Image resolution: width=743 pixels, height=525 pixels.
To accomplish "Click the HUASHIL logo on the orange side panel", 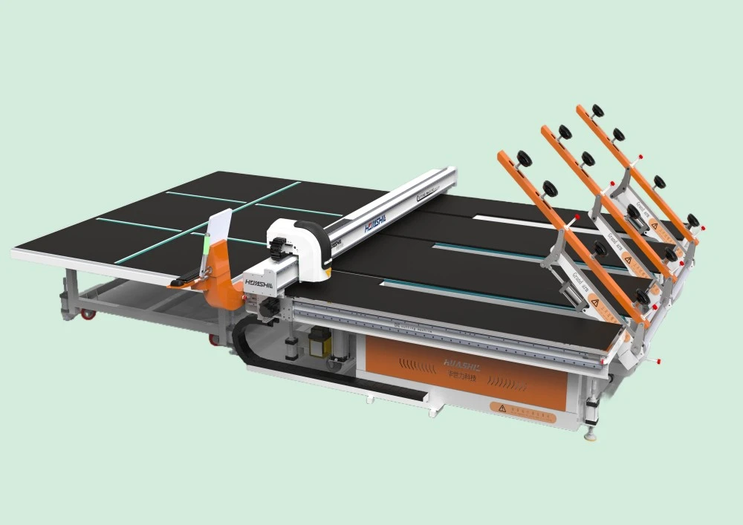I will coord(461,363).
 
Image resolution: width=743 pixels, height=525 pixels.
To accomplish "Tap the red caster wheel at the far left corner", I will coord(88,314).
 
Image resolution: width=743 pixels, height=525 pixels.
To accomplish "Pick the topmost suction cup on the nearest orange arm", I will coord(525,158).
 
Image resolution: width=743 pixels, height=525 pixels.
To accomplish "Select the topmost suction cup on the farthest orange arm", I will coord(597,111).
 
